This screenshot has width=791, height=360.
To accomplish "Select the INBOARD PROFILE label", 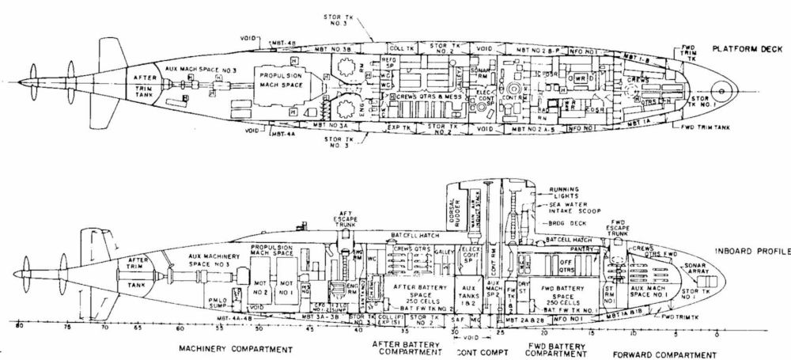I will coord(751,251).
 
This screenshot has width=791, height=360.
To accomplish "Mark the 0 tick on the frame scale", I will coord(717,333).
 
